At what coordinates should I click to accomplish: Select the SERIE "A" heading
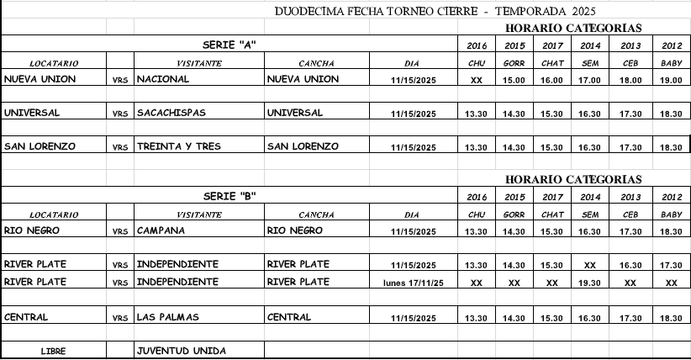tap(229, 44)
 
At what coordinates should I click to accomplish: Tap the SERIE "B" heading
tap(229, 195)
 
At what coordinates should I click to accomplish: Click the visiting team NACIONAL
tap(162, 79)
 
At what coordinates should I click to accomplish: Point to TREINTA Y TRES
tap(178, 146)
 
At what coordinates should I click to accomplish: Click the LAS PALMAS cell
tap(168, 317)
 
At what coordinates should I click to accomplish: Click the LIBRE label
tap(53, 351)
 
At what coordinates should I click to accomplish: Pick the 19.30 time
tap(590, 283)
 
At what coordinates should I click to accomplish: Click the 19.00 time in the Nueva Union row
tap(671, 81)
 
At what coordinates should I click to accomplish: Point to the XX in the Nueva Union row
tap(477, 81)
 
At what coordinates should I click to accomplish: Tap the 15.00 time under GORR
tap(514, 81)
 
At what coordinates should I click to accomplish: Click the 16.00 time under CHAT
tap(552, 81)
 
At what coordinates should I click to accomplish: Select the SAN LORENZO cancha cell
tap(303, 146)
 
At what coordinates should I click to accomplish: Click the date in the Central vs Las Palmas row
tap(414, 319)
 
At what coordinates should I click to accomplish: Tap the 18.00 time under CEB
tap(630, 81)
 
